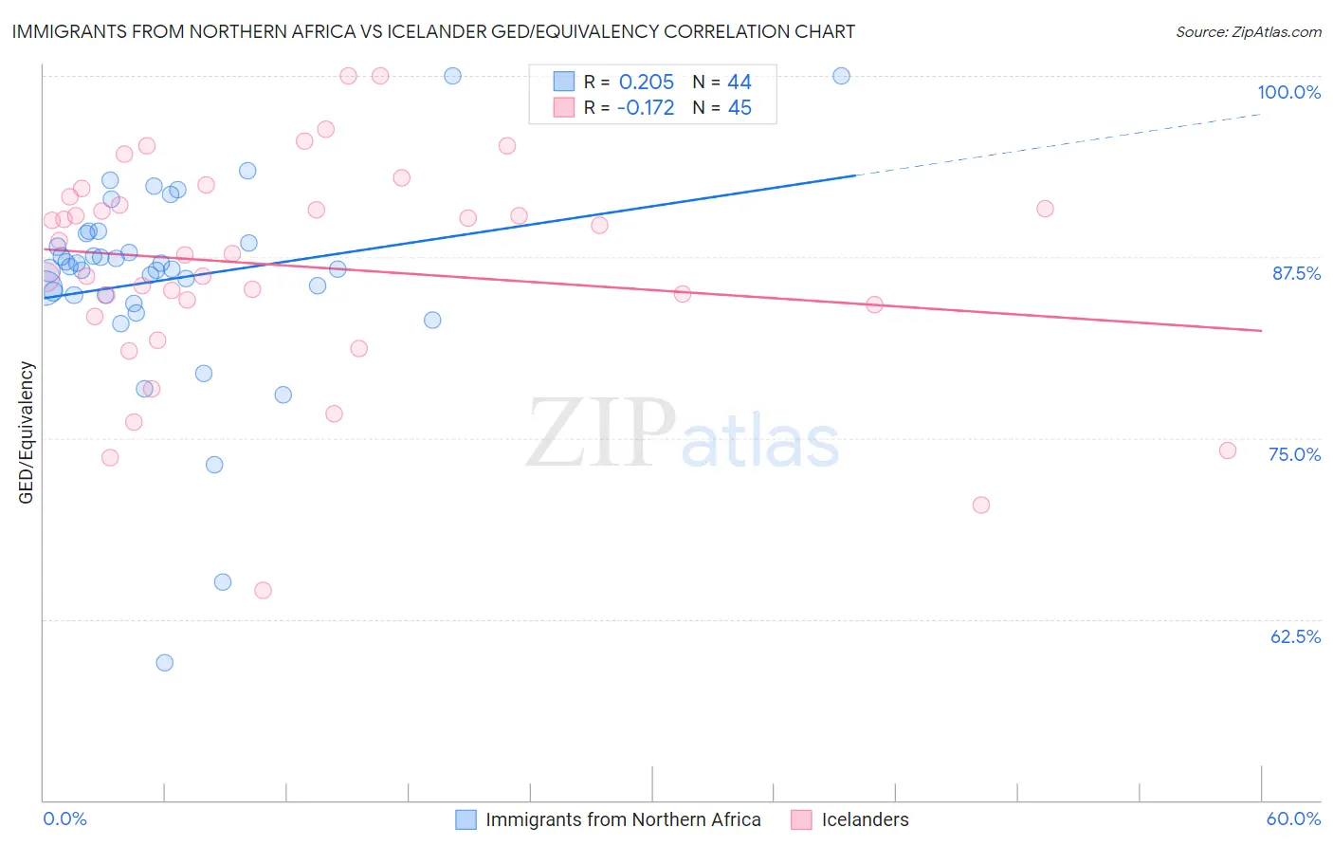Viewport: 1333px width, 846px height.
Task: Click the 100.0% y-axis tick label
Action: [1288, 92]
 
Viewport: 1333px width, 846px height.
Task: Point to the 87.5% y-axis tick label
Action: [1296, 273]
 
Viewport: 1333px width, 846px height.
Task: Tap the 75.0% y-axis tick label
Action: [1294, 454]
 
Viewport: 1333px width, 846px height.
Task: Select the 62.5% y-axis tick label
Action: [1295, 636]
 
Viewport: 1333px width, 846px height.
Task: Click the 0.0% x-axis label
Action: [64, 818]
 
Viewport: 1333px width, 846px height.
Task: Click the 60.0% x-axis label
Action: [1293, 818]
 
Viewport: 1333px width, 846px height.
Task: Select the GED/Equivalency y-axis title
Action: [27, 432]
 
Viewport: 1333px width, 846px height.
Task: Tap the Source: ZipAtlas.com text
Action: [1248, 31]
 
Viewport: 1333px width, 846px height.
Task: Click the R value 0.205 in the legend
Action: [646, 83]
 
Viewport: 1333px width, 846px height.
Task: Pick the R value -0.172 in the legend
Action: [645, 108]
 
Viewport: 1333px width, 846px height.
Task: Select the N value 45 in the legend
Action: [740, 108]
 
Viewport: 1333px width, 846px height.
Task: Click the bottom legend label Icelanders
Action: [865, 819]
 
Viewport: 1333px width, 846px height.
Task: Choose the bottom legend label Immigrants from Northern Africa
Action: [623, 819]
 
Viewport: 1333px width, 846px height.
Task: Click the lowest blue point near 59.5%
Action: [165, 663]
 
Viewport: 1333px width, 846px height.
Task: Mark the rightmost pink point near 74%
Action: [1228, 451]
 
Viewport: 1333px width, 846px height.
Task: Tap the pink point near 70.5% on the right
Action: [981, 506]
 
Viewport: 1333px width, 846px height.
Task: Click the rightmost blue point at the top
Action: [841, 76]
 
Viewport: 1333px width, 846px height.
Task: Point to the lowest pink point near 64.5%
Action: [264, 591]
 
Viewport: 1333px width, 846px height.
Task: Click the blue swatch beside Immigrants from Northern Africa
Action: [466, 819]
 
